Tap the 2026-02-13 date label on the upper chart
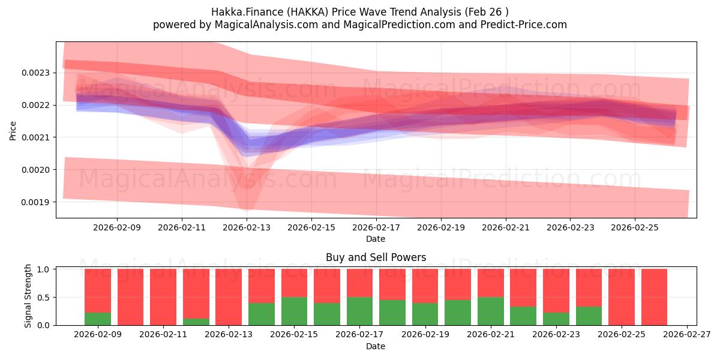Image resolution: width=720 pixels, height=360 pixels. (x=247, y=228)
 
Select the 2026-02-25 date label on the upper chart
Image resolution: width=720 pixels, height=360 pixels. (x=635, y=228)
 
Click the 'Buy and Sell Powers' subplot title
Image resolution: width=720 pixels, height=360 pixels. (x=376, y=257)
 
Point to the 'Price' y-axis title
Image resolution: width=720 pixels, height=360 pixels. (x=13, y=130)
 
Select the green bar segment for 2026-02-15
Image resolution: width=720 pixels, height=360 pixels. (x=294, y=311)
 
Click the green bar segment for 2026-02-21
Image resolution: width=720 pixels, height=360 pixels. (x=490, y=311)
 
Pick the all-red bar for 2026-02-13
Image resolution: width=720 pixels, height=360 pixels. (x=229, y=297)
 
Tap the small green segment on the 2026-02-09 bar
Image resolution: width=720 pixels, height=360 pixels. (x=98, y=319)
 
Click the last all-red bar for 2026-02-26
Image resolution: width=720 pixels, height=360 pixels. (x=654, y=297)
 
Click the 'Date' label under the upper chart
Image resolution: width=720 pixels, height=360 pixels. (x=376, y=239)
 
